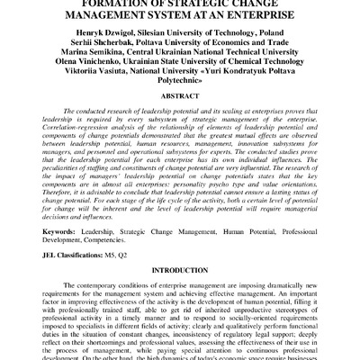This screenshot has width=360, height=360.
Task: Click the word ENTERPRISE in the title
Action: tap(264, 14)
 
